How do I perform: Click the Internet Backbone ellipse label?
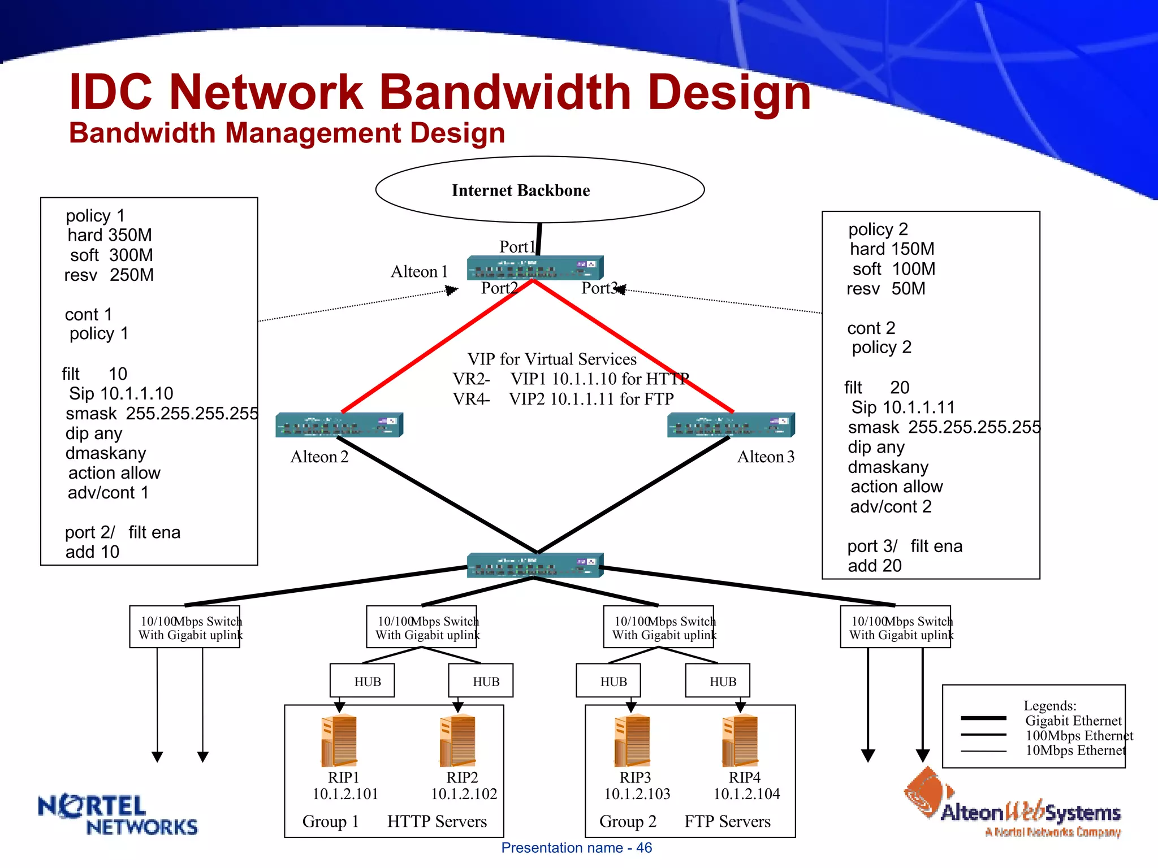click(520, 190)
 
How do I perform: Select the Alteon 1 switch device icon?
click(535, 268)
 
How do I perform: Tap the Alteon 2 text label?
click(319, 457)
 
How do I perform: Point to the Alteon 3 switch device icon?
click(731, 425)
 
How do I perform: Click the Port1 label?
click(517, 246)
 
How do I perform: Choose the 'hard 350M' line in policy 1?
click(110, 235)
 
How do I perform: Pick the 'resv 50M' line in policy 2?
click(885, 289)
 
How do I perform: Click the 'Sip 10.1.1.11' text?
click(903, 407)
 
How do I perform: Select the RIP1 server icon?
click(339, 740)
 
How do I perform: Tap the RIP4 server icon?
click(740, 740)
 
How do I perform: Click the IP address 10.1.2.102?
click(464, 794)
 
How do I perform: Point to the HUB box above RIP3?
click(613, 682)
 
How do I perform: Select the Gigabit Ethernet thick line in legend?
click(983, 718)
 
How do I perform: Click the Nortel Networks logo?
click(118, 815)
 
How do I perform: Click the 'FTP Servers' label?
click(727, 822)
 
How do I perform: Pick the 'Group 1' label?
click(330, 822)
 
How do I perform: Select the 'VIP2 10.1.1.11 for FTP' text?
click(591, 399)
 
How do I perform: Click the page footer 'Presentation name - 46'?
click(576, 848)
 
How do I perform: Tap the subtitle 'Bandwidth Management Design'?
click(287, 133)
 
